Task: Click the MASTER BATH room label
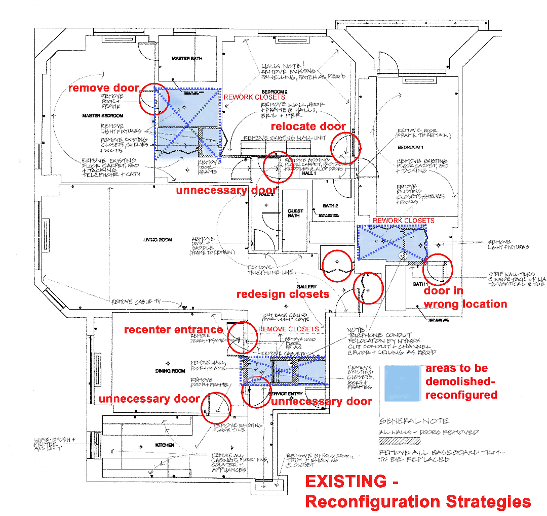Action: [x=187, y=59]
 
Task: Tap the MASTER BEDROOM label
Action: [x=103, y=116]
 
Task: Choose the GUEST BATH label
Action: [x=295, y=213]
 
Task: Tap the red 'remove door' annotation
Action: [x=103, y=88]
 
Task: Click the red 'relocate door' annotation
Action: [x=308, y=126]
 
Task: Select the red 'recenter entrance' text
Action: [x=173, y=330]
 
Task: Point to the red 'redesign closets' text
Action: [x=283, y=294]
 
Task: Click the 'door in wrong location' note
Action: [x=465, y=297]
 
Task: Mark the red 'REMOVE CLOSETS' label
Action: [x=288, y=329]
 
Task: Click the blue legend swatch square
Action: [x=402, y=383]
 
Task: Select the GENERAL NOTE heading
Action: [x=414, y=421]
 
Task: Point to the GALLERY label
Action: [x=306, y=287]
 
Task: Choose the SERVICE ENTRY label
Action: [x=286, y=394]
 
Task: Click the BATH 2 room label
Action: [x=330, y=206]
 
